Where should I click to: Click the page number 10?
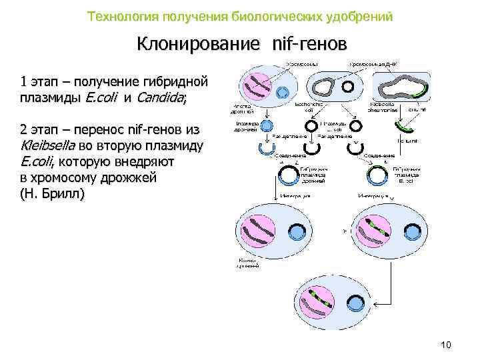(446, 344)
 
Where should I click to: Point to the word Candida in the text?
(160, 98)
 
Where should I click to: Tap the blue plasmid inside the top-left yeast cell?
(282, 92)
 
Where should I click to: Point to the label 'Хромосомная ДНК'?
(373, 64)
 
